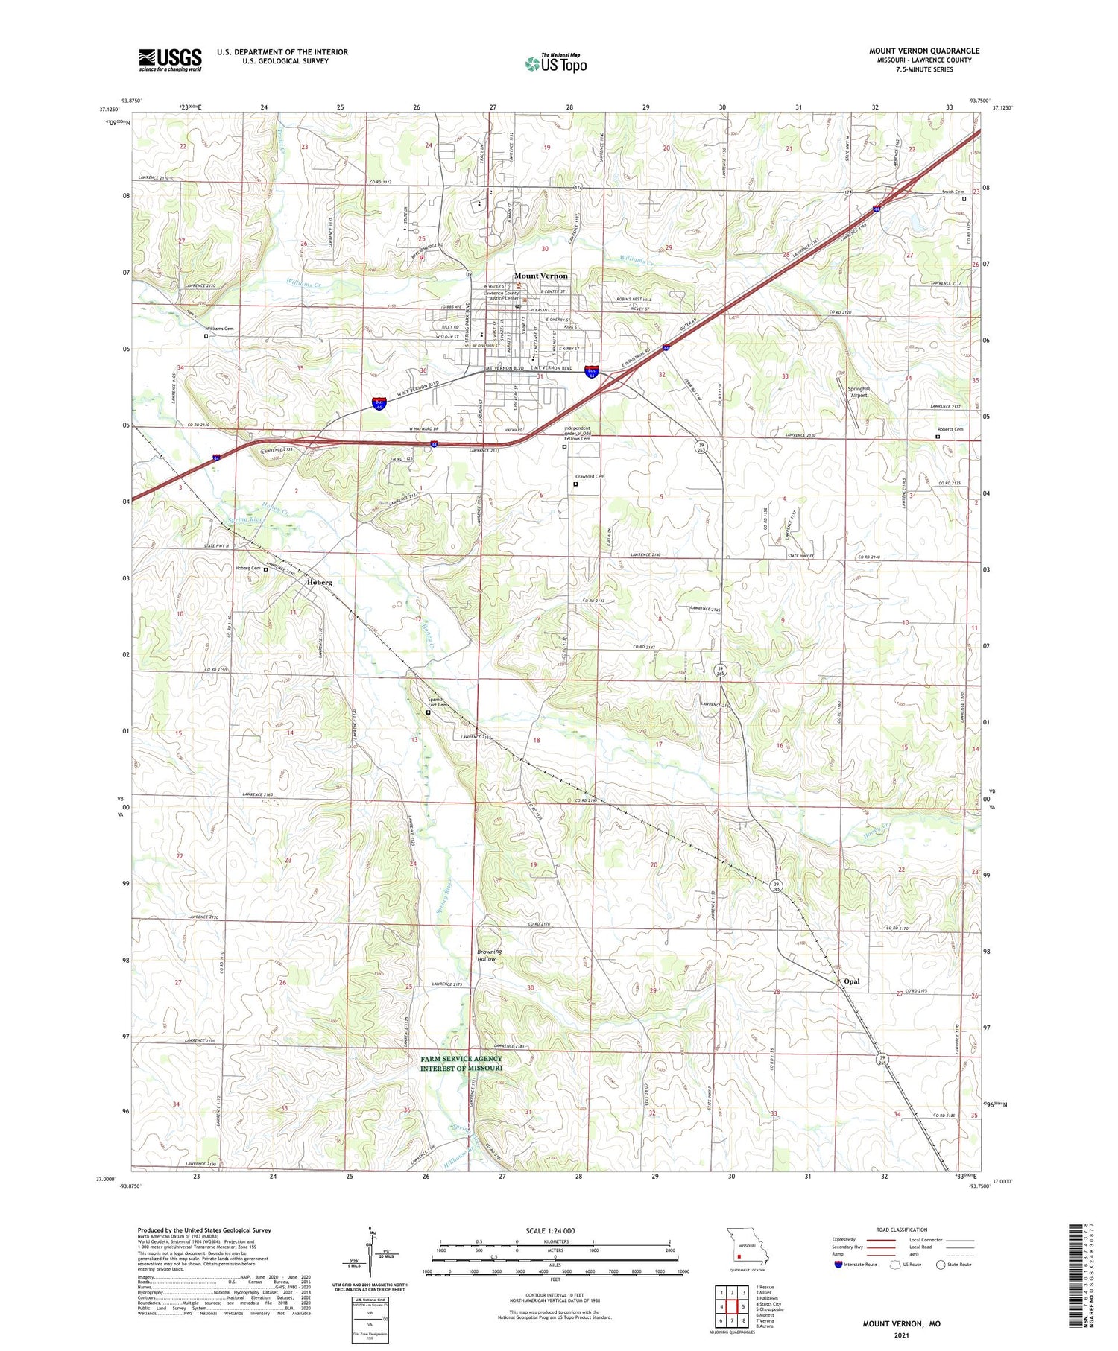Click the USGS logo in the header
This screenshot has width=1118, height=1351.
[x=170, y=60]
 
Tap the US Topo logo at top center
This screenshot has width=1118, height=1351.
[x=556, y=63]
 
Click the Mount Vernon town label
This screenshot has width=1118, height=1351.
[x=540, y=276]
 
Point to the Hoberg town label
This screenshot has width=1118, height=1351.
[x=319, y=582]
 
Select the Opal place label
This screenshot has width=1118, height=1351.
[x=851, y=981]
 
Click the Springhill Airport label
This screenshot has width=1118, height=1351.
[x=859, y=392]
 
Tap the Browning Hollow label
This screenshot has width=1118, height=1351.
[x=490, y=955]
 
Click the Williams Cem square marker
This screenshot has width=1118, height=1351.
[x=206, y=336]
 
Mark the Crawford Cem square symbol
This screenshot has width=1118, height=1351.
[x=575, y=484]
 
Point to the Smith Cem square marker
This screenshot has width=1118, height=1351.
[x=964, y=199]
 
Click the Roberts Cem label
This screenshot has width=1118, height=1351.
[x=950, y=429]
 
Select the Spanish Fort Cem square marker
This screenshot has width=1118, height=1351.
[x=428, y=712]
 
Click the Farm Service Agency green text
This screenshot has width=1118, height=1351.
[x=461, y=1063]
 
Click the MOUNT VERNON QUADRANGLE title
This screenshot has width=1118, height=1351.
[x=923, y=51]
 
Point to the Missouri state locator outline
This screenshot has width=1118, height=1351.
[x=745, y=1246]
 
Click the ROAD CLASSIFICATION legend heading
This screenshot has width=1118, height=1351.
[x=901, y=1230]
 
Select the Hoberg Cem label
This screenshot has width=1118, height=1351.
[x=248, y=569]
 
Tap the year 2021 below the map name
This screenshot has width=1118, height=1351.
[x=901, y=1335]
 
